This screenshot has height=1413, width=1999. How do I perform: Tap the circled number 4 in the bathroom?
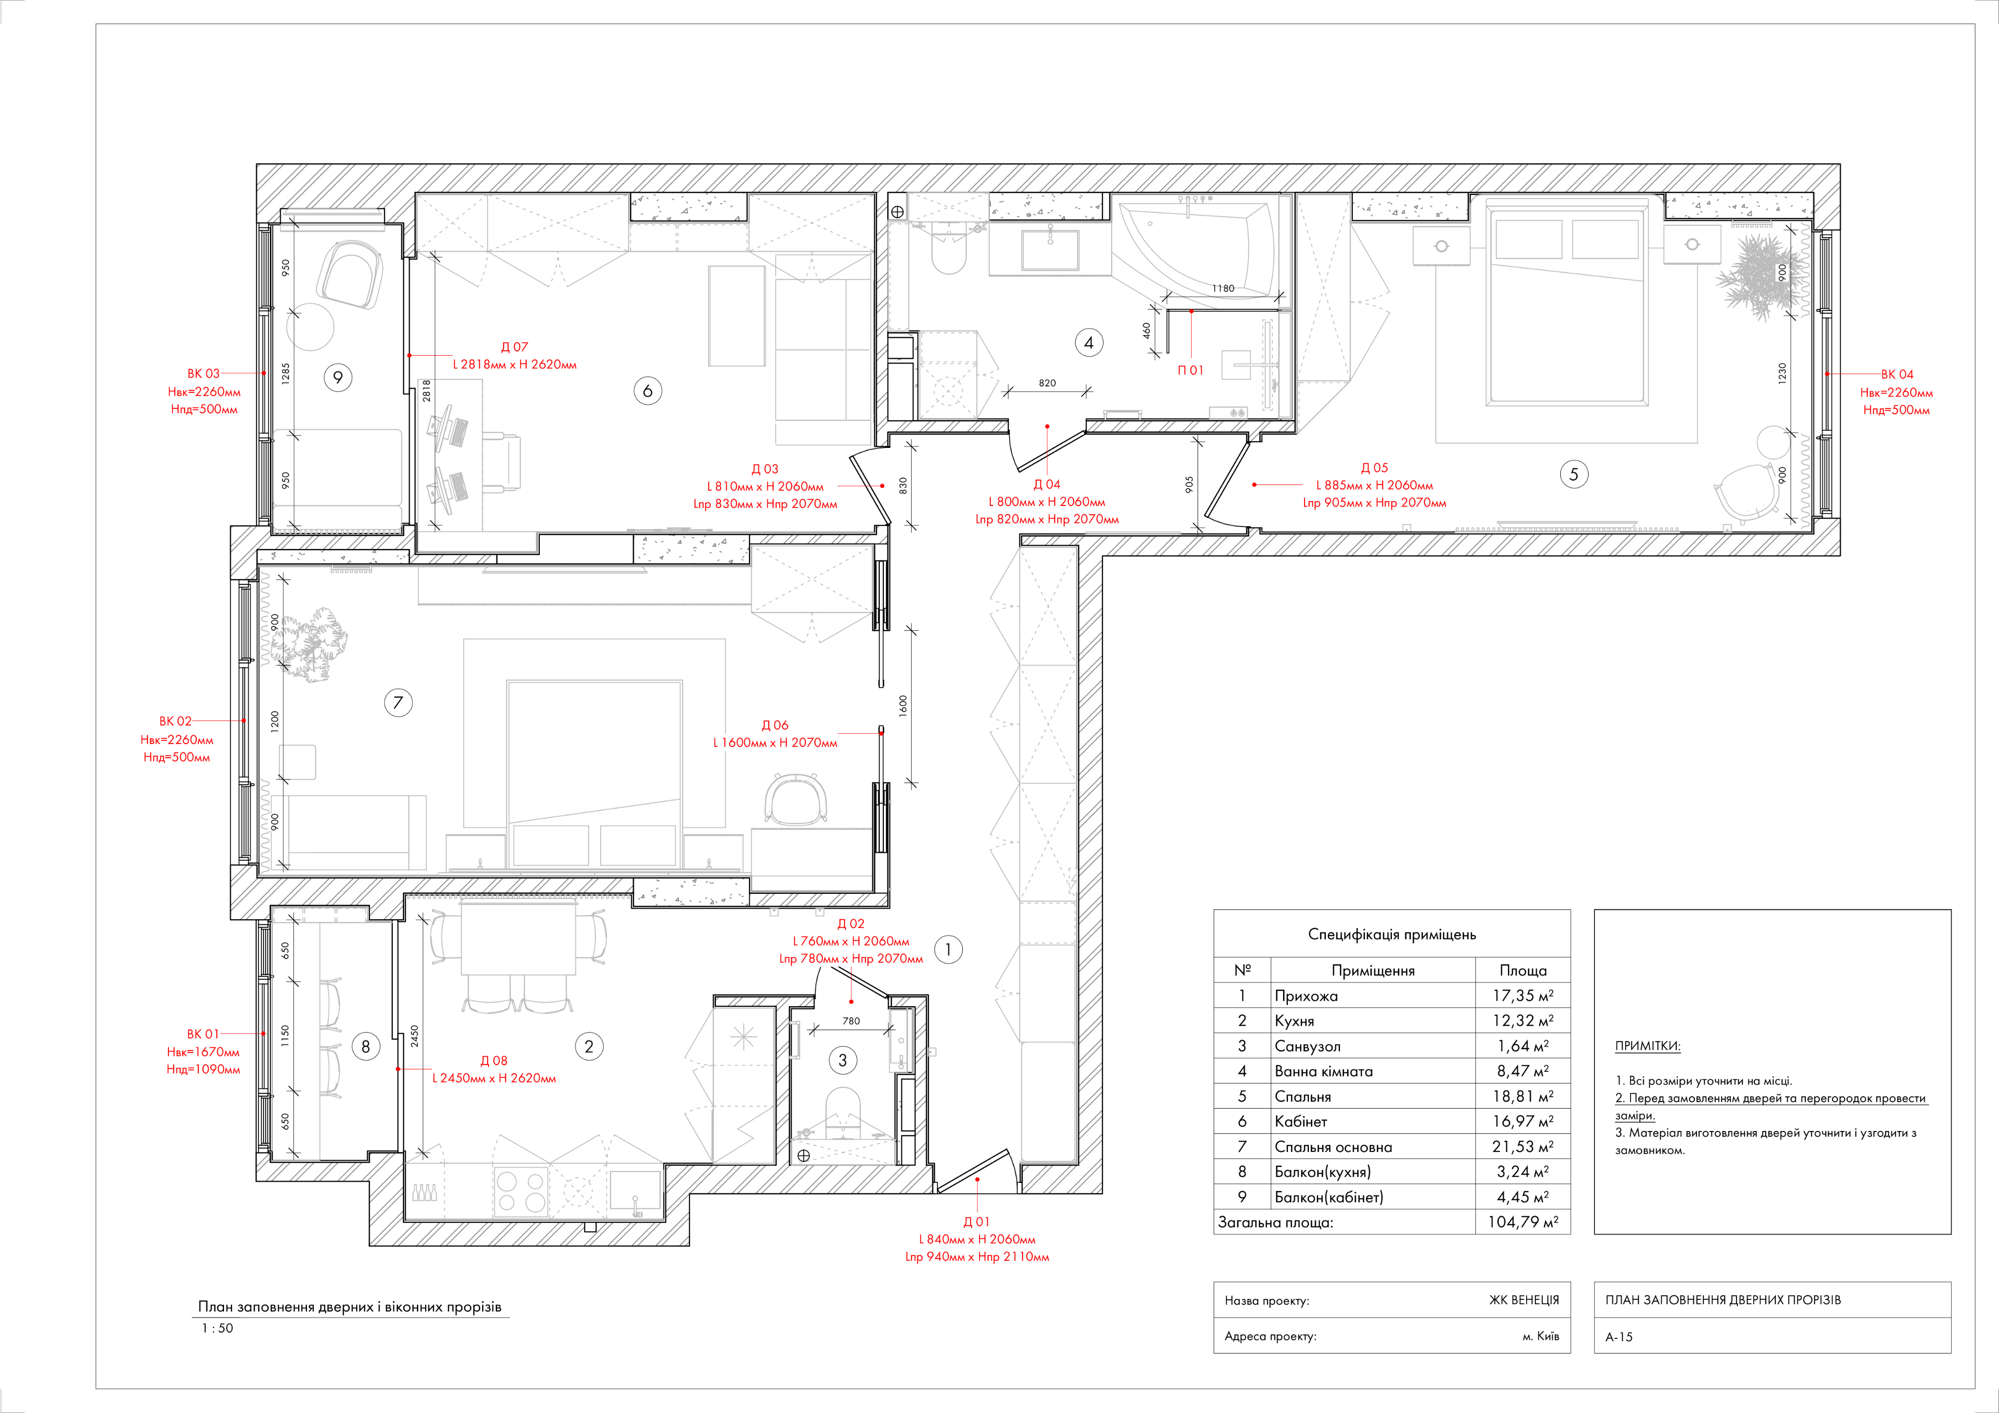pos(1088,343)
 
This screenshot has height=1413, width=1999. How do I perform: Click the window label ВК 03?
pos(203,373)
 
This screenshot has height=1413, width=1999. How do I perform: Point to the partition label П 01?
pos(1190,370)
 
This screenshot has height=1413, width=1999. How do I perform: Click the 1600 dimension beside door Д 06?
pos(903,705)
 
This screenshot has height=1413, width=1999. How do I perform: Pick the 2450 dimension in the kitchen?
pos(414,1036)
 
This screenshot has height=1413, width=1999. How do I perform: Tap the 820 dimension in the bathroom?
pos(1047,383)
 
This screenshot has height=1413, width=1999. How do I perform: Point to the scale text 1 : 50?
pos(218,1328)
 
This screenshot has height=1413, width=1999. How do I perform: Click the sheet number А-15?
pos(1619,1336)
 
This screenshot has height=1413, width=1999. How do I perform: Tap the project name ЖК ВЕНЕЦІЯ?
pos(1524,1300)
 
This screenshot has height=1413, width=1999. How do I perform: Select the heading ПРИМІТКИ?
pos(1647,1046)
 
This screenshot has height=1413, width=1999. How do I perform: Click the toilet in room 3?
pos(842,1110)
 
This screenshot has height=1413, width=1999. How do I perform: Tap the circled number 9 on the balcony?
pos(338,377)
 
